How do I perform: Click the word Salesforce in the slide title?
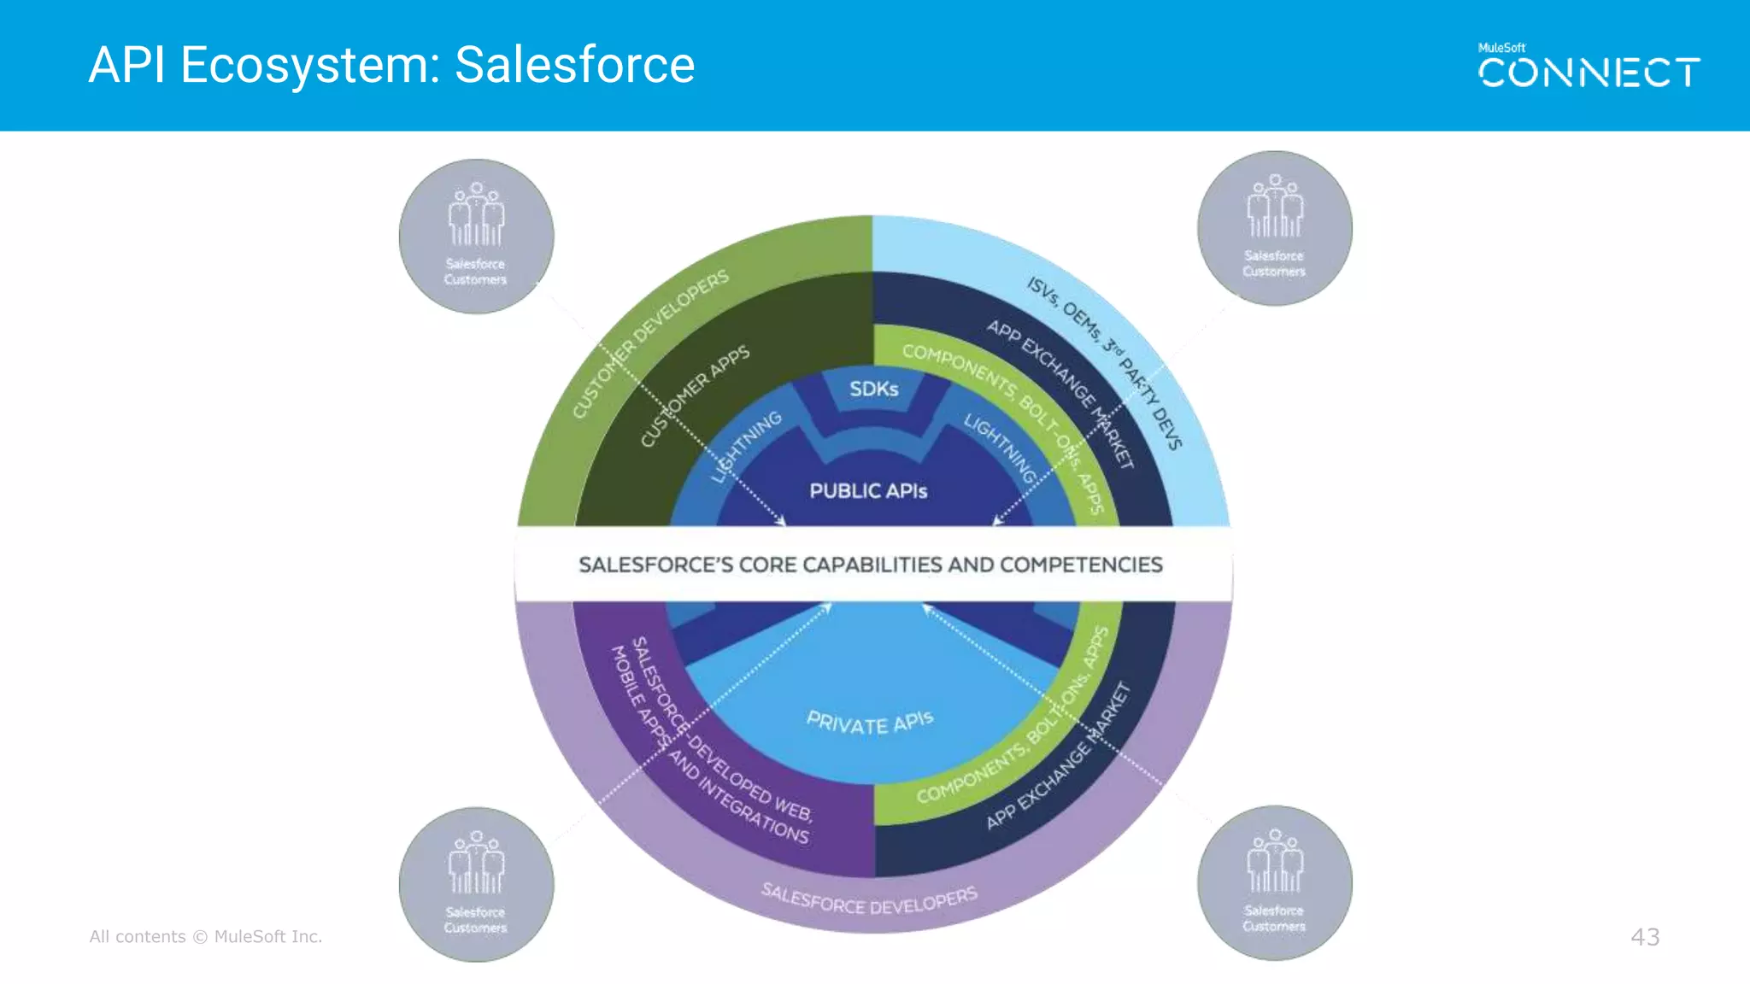[x=574, y=65]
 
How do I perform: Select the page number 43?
[x=1645, y=937]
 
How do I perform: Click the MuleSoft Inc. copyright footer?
[x=206, y=937]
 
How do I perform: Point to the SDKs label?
[x=873, y=389]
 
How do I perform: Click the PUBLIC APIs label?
[x=868, y=491]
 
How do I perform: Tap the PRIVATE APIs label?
[x=870, y=723]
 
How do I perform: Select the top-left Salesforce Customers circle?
[x=476, y=237]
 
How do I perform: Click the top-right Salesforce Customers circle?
[x=1274, y=228]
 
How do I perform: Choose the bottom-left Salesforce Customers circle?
[x=476, y=884]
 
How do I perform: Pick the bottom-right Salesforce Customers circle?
[x=1274, y=882]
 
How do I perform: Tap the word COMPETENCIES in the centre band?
[x=1081, y=565]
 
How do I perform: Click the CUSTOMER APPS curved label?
[x=694, y=395]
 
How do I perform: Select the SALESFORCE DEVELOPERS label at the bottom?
[x=869, y=899]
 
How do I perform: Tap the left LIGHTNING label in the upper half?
[x=746, y=446]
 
